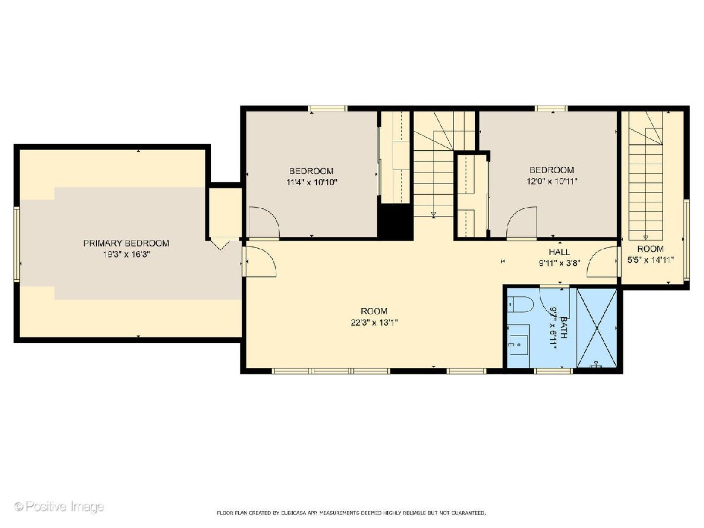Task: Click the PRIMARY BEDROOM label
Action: pos(126,243)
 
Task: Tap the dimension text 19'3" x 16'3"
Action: pos(126,255)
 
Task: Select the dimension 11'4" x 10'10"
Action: pos(312,182)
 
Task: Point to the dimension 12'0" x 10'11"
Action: pos(552,181)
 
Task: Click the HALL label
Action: pos(559,252)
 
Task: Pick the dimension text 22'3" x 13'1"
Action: pos(374,323)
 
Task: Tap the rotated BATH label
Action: pos(563,327)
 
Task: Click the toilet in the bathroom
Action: pos(520,304)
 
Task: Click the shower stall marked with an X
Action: pos(597,328)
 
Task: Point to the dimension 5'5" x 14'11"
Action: pos(650,260)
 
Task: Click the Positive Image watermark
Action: pos(59,506)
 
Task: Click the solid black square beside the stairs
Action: pos(395,222)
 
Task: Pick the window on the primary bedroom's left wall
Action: pos(16,244)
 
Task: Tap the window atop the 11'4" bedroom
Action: pos(328,109)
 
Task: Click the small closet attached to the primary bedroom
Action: pos(225,212)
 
